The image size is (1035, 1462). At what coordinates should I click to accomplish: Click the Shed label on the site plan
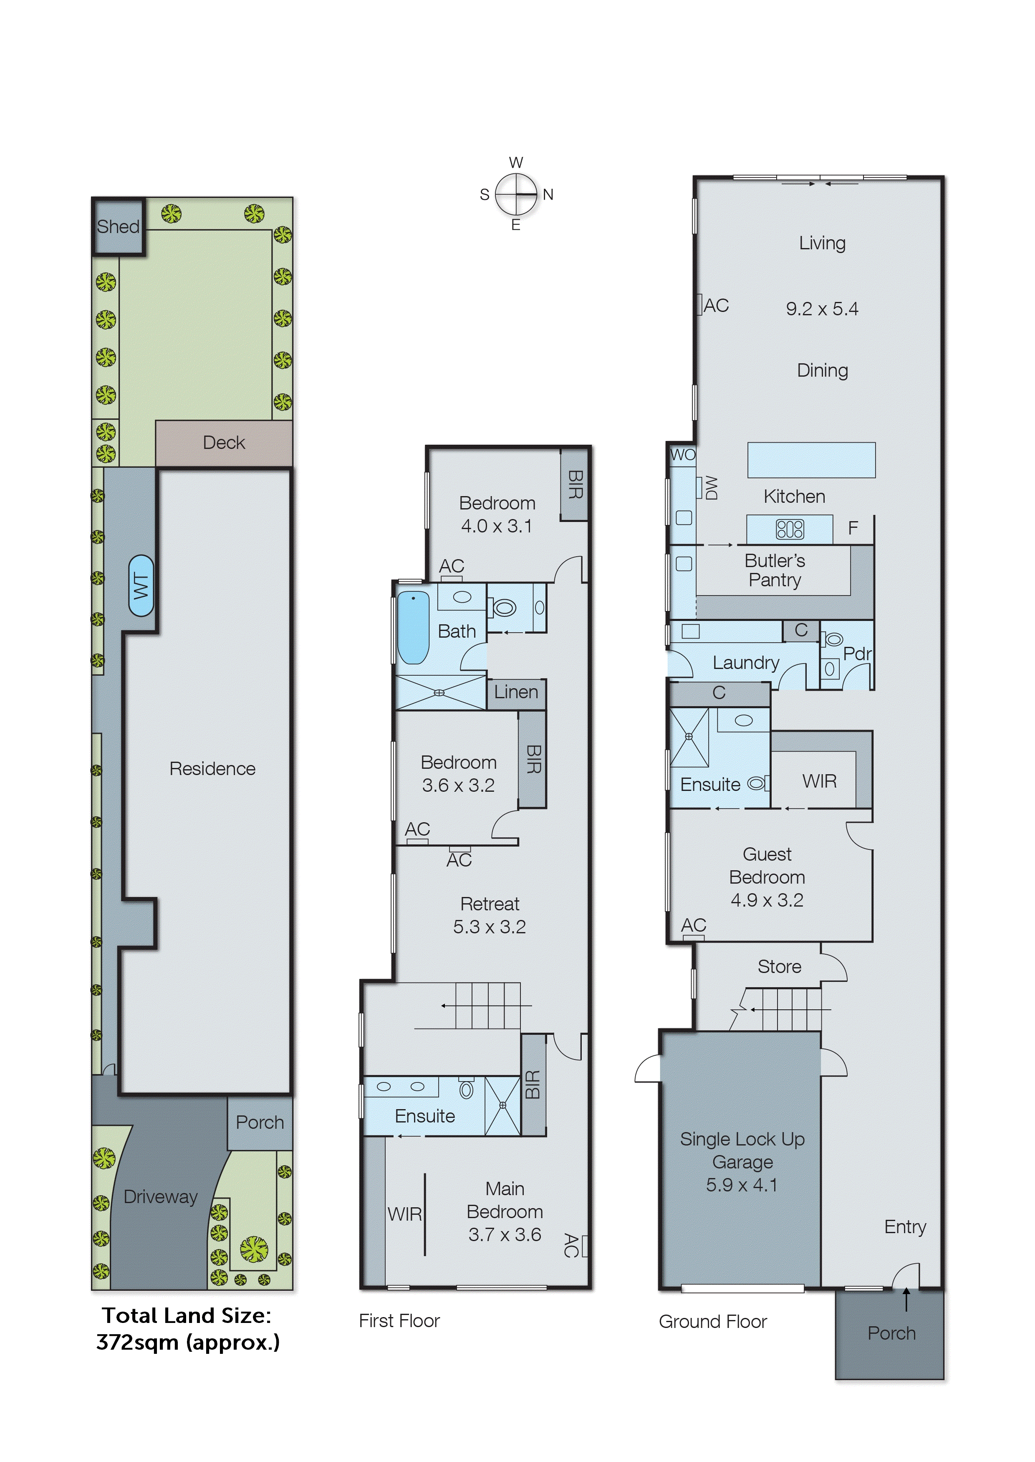coord(118,226)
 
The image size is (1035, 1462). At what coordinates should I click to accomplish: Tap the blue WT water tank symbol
coord(141,586)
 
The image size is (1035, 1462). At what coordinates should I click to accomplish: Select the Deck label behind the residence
coord(224,443)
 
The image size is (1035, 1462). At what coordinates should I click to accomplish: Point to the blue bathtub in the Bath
coord(413,627)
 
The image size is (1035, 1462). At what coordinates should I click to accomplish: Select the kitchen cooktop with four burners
coord(790,529)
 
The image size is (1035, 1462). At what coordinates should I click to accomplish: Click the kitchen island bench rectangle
coord(811,460)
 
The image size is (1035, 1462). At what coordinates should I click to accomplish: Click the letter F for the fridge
coord(853,528)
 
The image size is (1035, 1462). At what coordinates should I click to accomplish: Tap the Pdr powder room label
coord(856,654)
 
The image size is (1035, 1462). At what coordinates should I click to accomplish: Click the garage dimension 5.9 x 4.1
coord(742,1185)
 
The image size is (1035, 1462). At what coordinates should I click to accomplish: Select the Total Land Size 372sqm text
coord(187,1329)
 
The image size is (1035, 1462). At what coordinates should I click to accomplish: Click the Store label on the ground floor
coord(779,967)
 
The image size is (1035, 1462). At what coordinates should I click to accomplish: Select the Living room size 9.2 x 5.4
coord(821,309)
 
